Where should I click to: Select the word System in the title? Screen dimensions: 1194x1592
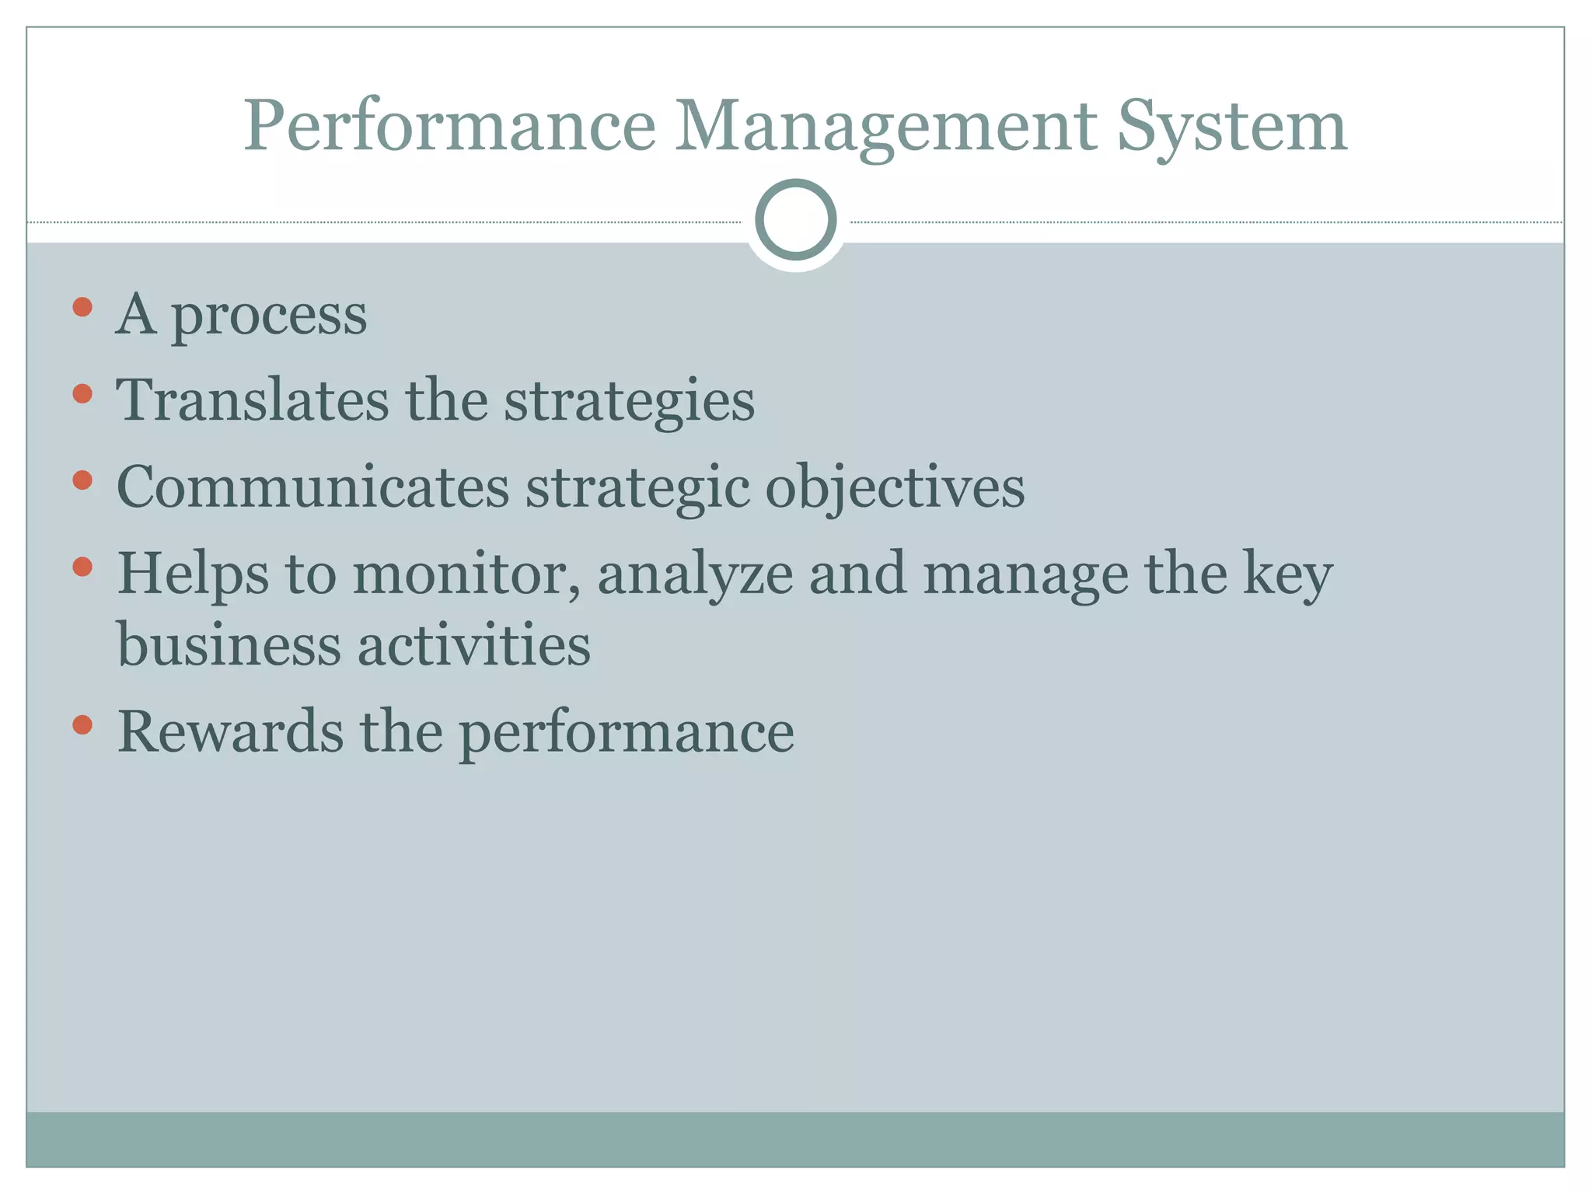[x=1232, y=127]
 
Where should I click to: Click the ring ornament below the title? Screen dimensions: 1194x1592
[x=795, y=220]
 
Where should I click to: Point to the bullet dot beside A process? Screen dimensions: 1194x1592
[x=82, y=307]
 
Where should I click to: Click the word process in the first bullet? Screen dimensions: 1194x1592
[x=268, y=316]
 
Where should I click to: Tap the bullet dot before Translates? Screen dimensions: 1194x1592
[x=82, y=393]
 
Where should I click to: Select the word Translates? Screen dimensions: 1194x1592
[x=252, y=401]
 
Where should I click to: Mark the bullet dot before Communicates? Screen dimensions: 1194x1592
[x=82, y=480]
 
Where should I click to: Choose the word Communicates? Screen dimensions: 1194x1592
[x=312, y=488]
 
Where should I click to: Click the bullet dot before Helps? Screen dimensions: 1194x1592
[x=82, y=567]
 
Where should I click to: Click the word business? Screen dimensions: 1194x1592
[x=229, y=646]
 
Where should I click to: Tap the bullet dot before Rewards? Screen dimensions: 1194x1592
[x=82, y=725]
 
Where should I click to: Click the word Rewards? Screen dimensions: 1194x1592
[x=230, y=733]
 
